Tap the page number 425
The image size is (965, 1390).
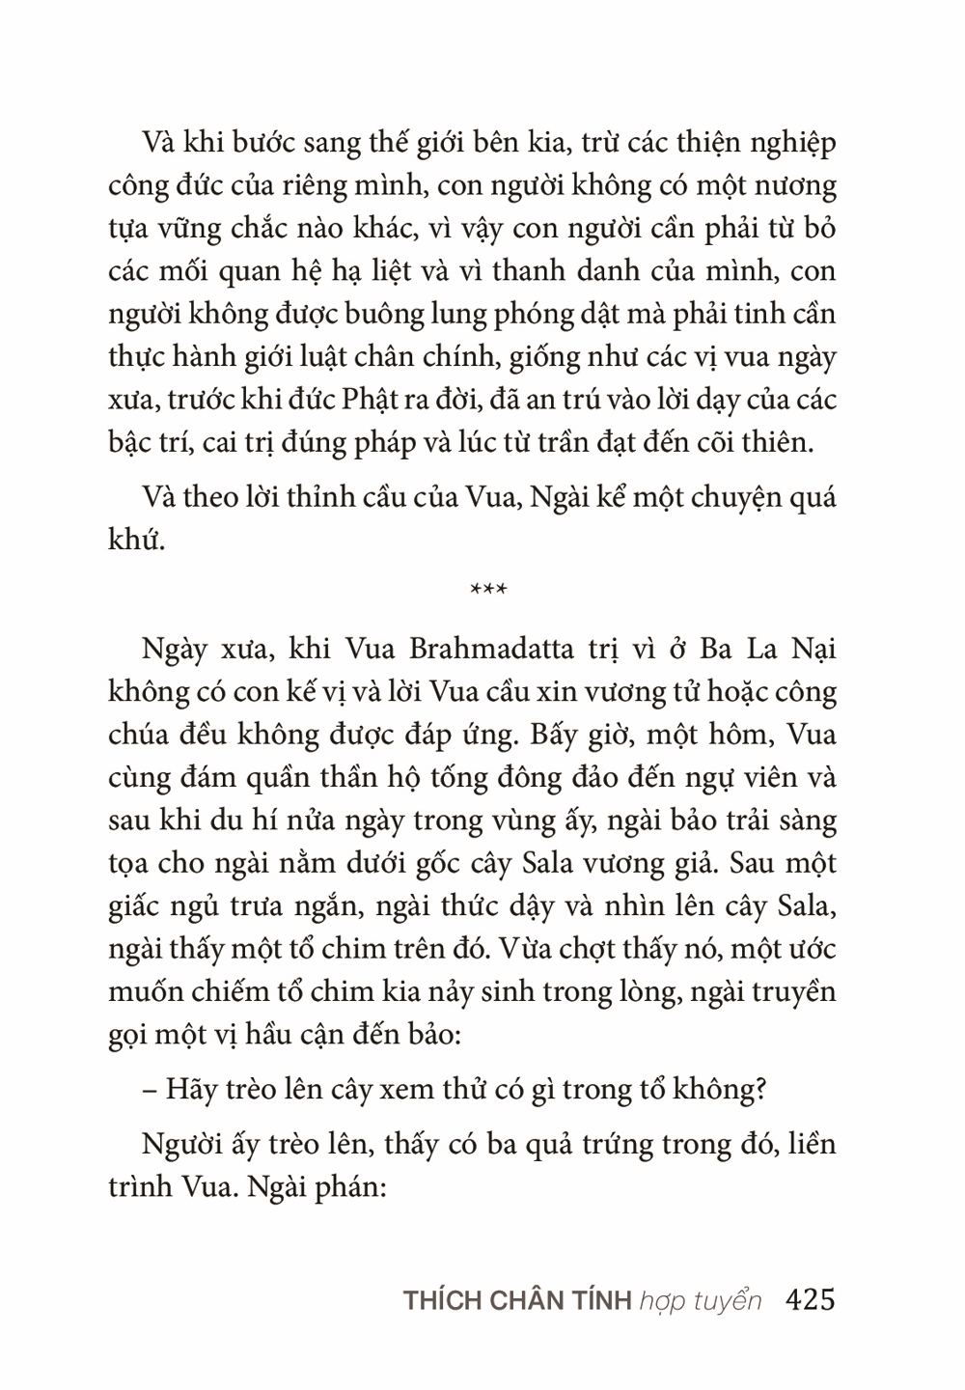pyautogui.click(x=811, y=1299)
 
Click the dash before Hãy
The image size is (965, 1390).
pyautogui.click(x=149, y=1090)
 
